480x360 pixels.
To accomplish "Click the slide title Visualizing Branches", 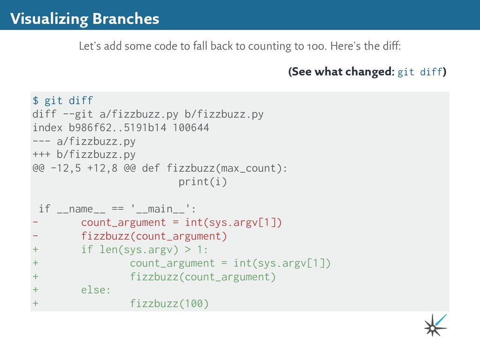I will click(85, 19).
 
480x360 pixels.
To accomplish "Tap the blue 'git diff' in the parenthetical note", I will click(420, 72).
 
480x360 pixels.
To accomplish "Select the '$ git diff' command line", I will click(63, 100).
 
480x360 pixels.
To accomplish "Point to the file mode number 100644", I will click(191, 127).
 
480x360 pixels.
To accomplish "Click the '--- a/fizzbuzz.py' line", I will click(84, 141).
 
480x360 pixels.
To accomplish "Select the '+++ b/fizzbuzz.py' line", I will click(84, 155).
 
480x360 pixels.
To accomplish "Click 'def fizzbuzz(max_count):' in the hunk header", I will click(215, 168).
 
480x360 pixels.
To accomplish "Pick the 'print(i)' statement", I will click(202, 182).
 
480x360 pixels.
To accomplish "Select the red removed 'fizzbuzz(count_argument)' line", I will click(154, 236).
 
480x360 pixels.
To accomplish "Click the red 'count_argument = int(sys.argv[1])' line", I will click(181, 223).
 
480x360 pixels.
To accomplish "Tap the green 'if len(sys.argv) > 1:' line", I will click(145, 250).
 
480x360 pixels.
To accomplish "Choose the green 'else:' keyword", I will click(96, 290).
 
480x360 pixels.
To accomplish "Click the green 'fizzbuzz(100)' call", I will click(169, 304).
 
